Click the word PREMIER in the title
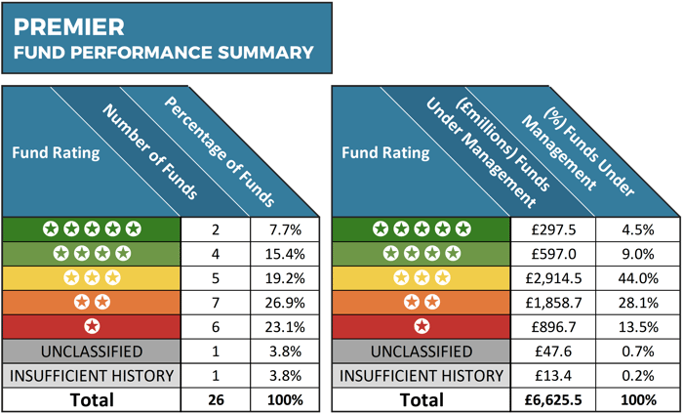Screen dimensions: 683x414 tap(69, 27)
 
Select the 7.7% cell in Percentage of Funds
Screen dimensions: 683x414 tap(285, 229)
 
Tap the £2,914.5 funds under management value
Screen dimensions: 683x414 tap(552, 278)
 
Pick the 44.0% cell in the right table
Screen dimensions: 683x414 tap(638, 278)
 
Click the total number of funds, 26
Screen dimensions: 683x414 tap(216, 400)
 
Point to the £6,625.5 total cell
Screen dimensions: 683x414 tap(552, 400)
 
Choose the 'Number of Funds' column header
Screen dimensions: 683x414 tap(150, 152)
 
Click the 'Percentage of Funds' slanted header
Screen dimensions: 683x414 tap(220, 151)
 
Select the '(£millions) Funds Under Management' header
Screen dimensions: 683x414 tap(488, 151)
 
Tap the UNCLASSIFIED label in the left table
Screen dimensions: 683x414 tap(92, 352)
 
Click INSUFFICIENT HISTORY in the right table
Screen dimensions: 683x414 tap(422, 376)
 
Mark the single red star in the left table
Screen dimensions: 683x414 tap(92, 326)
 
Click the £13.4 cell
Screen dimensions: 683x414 tap(552, 376)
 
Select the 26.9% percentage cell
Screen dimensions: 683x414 tap(285, 303)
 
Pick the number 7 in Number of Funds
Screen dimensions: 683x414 tap(216, 303)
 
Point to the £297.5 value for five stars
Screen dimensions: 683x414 tap(552, 229)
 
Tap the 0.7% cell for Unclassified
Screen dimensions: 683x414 tap(638, 352)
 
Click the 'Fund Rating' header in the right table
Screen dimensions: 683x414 tap(385, 153)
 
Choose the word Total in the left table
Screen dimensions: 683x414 tap(92, 400)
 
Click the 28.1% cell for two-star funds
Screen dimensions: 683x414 tap(638, 303)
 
